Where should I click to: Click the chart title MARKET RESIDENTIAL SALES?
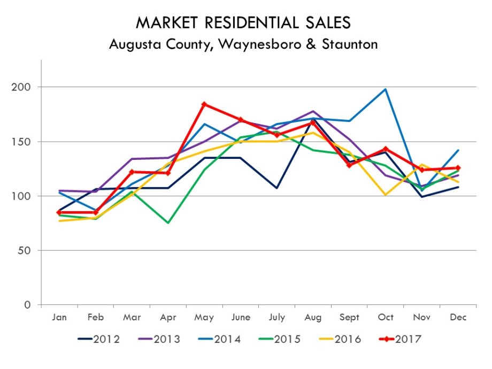coord(243,22)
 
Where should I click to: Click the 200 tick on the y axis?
coord(24,87)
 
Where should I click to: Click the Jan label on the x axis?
coord(59,317)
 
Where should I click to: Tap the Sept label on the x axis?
coord(349,317)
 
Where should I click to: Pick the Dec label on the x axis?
coord(458,317)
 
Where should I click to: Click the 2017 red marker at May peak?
coord(204,104)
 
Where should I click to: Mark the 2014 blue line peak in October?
coord(386,89)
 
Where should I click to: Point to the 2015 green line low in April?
coord(168,222)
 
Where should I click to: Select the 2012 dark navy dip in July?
coord(276,188)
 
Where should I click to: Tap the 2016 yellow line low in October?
coord(386,195)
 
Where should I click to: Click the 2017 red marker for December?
coord(458,168)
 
